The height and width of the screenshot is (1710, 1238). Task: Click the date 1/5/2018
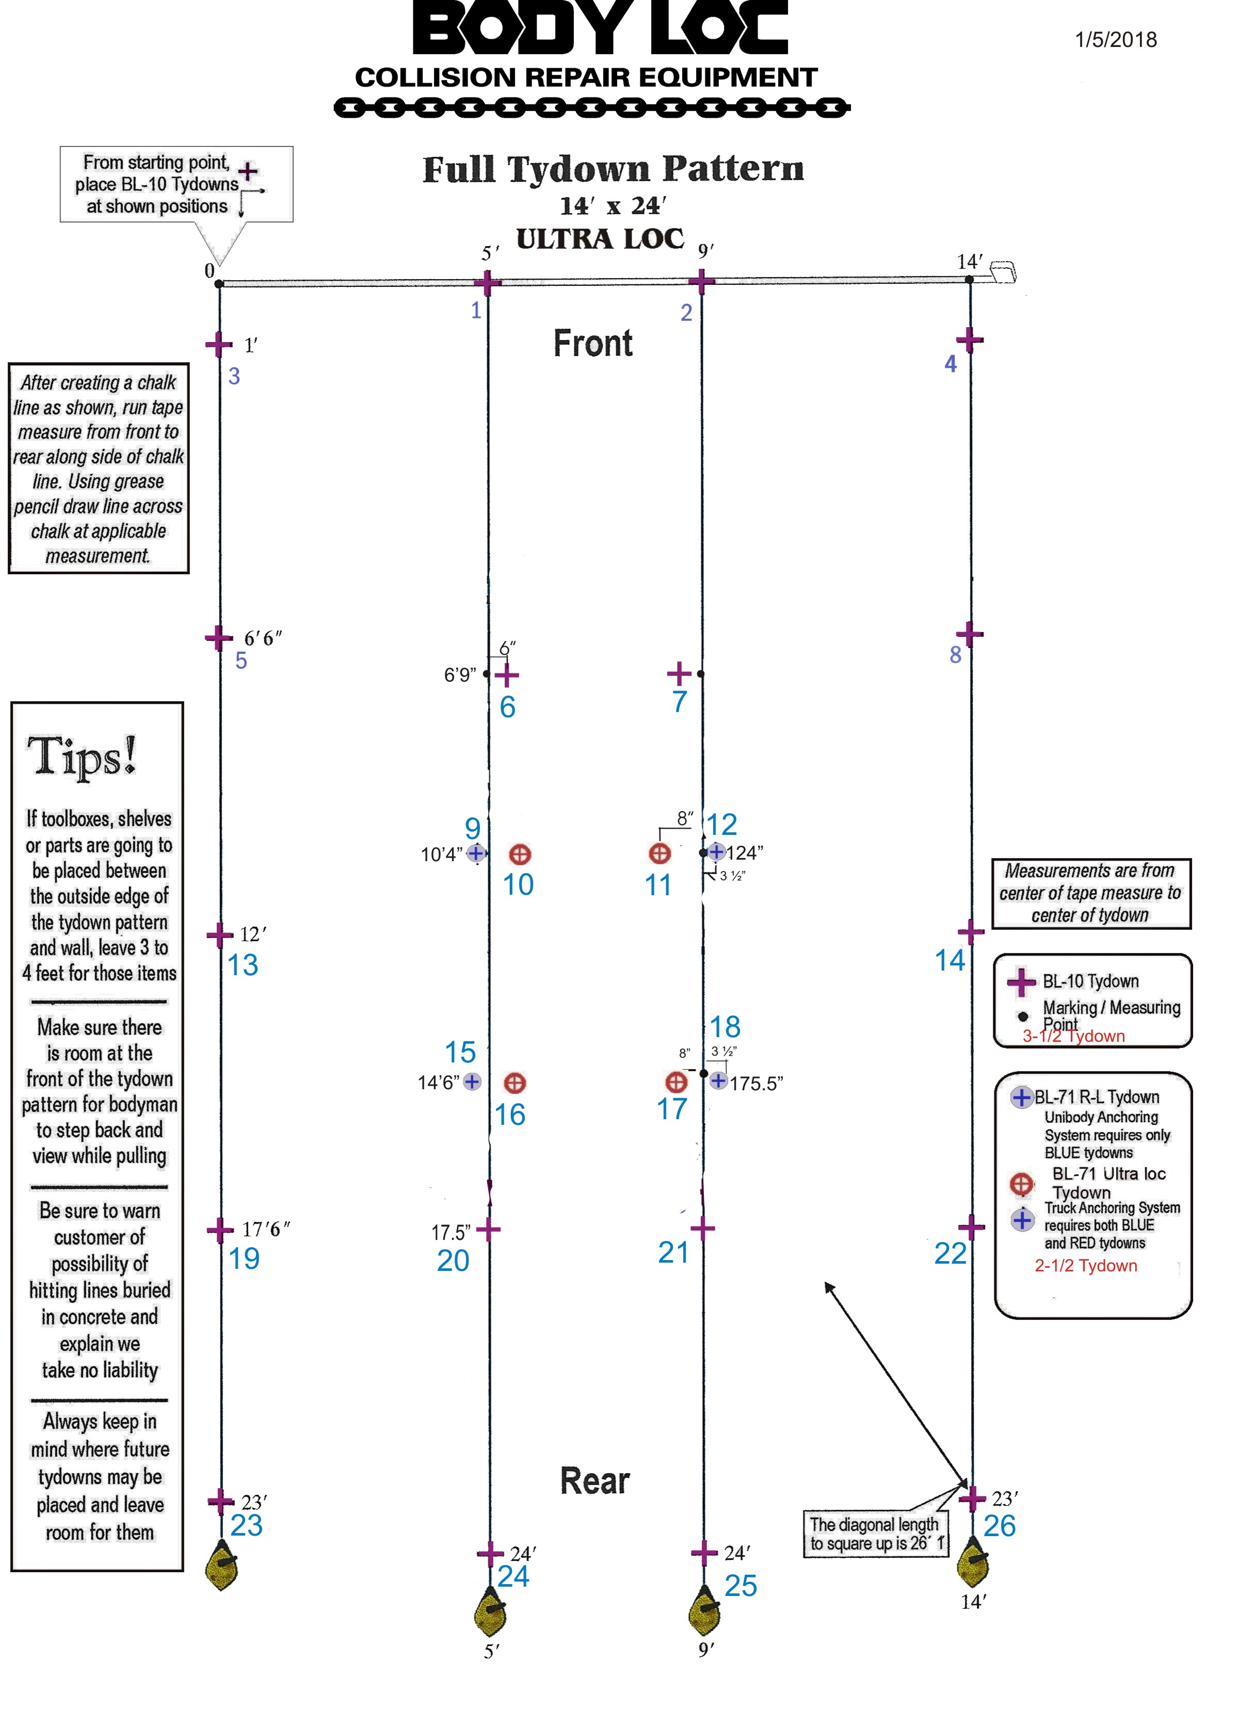click(1115, 40)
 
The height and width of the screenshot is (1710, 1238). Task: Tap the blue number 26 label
click(999, 1526)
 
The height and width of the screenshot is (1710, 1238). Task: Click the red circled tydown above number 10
click(520, 854)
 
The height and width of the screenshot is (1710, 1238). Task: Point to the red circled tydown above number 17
click(677, 1083)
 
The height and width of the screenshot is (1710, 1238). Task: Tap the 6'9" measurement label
click(459, 675)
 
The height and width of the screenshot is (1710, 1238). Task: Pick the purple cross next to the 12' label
click(219, 935)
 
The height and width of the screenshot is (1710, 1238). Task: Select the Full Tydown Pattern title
click(613, 169)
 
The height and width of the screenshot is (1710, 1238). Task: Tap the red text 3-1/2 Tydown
click(1073, 1037)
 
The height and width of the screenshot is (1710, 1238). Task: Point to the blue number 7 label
click(679, 702)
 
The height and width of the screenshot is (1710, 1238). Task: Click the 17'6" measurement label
click(265, 1230)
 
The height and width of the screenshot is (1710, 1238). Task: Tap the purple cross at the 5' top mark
click(487, 283)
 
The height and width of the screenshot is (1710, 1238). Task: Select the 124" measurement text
click(744, 853)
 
